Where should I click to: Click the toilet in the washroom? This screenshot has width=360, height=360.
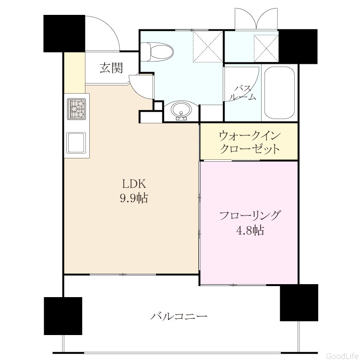(156, 52)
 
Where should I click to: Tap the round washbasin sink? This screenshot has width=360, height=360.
(181, 110)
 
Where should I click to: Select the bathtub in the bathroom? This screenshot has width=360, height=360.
(279, 93)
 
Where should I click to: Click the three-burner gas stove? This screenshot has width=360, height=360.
(76, 109)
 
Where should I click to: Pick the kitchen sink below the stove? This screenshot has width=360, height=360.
(76, 143)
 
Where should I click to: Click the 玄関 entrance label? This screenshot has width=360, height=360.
(111, 68)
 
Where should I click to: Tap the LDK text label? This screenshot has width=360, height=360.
(134, 184)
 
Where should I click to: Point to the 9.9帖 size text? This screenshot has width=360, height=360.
(134, 198)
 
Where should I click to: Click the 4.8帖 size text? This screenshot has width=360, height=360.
(250, 230)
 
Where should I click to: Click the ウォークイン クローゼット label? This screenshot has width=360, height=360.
(250, 142)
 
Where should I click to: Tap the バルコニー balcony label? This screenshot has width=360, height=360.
(179, 316)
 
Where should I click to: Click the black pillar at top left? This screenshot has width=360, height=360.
(64, 34)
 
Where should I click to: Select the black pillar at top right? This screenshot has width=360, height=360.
(298, 47)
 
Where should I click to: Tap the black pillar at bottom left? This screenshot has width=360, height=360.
(63, 316)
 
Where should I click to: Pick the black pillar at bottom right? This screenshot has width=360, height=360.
(299, 302)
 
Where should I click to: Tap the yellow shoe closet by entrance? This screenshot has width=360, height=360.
(74, 73)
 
